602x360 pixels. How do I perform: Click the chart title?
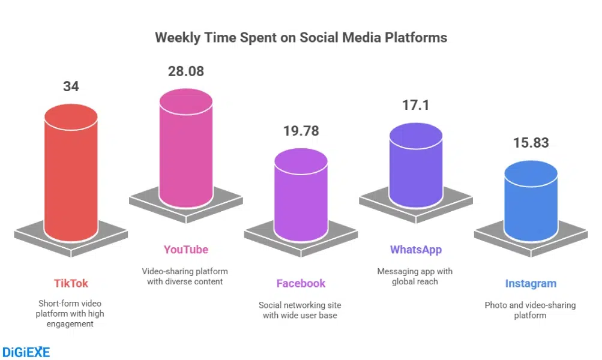click(301, 37)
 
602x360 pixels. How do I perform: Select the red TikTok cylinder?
click(71, 174)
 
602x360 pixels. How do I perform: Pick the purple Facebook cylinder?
click(301, 192)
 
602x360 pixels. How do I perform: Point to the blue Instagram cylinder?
click(530, 201)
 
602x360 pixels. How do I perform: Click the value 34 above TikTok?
click(71, 86)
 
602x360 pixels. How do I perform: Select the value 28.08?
click(185, 71)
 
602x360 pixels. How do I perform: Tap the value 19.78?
click(301, 130)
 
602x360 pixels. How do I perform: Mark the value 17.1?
click(415, 106)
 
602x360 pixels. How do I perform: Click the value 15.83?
click(531, 143)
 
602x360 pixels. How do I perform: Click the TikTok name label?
click(71, 283)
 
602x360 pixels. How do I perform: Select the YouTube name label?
click(186, 250)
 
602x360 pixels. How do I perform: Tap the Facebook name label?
click(301, 283)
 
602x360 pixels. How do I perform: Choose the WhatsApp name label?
click(415, 250)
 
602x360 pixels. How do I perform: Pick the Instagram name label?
click(531, 283)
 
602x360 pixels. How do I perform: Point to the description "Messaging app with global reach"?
click(415, 276)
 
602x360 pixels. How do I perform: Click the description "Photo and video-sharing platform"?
click(530, 310)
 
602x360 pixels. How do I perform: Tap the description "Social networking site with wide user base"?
click(301, 310)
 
